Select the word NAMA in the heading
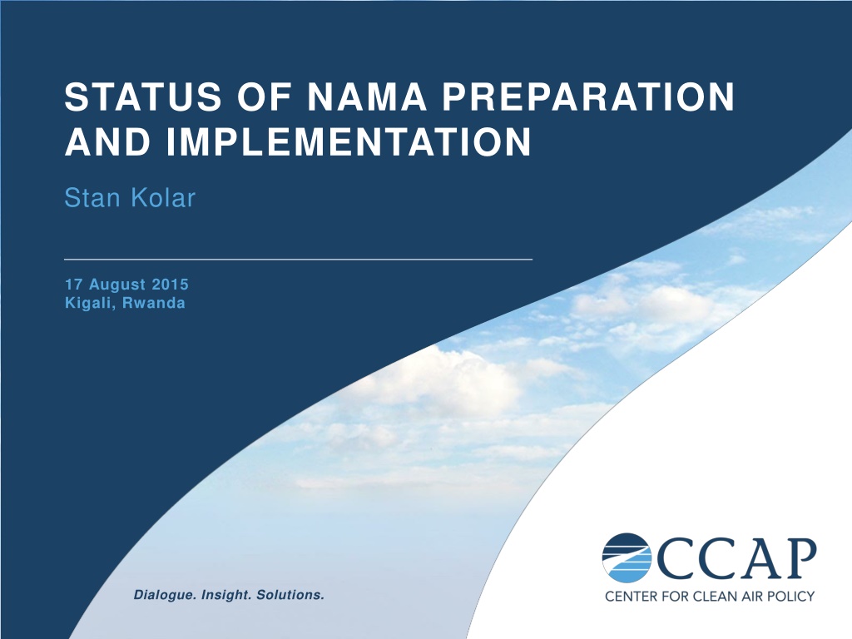click(x=367, y=97)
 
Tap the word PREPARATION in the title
click(x=588, y=97)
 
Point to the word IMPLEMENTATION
click(x=349, y=141)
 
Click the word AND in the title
click(x=107, y=141)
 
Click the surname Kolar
click(x=163, y=197)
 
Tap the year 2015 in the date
click(x=170, y=285)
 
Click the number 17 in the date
click(x=73, y=285)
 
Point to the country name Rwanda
click(x=154, y=303)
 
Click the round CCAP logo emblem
click(x=627, y=558)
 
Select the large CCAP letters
click(x=736, y=558)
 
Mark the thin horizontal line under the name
click(x=299, y=260)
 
